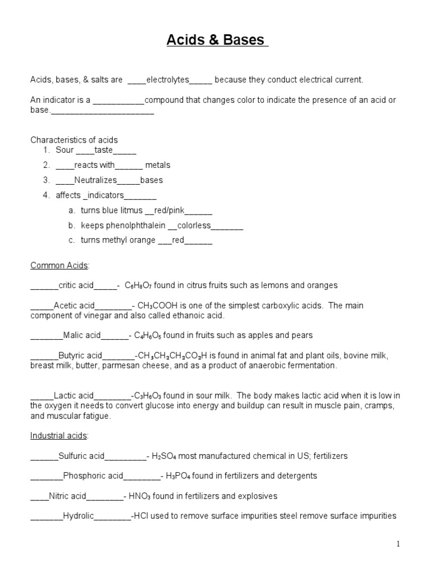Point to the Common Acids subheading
[x=59, y=264]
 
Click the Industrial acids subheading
[x=59, y=435]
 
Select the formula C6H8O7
[x=141, y=285]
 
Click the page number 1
[x=398, y=544]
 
